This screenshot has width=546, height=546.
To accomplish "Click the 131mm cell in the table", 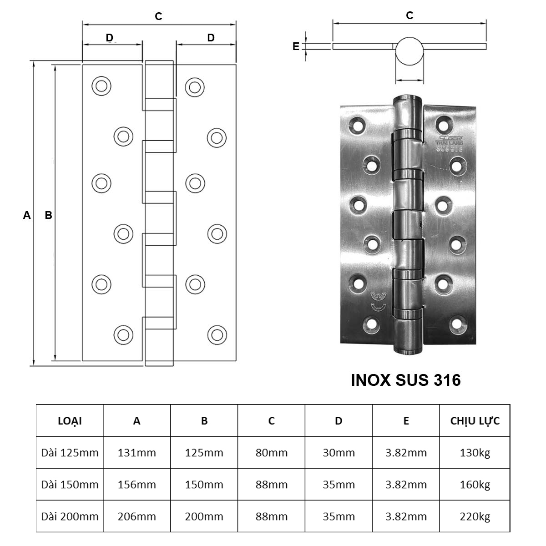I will click(x=136, y=453).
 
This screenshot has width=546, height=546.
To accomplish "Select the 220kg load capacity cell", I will click(x=475, y=516).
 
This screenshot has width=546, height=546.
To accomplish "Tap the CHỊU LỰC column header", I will click(x=475, y=421).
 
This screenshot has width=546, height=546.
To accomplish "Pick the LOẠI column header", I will click(x=70, y=421).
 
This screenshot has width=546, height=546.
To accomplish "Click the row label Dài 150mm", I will click(x=70, y=485).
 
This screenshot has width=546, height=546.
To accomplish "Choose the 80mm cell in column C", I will click(x=271, y=453).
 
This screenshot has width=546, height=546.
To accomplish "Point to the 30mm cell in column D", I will click(x=339, y=453).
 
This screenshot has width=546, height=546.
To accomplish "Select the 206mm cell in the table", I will click(x=136, y=516).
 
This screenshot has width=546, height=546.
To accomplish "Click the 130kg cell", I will click(x=475, y=453).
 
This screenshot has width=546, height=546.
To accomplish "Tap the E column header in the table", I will click(x=406, y=421).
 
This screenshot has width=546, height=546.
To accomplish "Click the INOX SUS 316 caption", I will click(x=405, y=380).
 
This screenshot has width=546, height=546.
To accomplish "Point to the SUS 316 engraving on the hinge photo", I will click(x=449, y=147).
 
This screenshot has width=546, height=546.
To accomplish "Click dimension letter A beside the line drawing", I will click(x=27, y=215).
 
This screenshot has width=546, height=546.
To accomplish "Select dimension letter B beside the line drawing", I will click(x=48, y=215).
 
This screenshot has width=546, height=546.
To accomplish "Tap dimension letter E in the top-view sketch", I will click(x=296, y=46).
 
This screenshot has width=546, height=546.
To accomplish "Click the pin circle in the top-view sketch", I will click(x=409, y=51).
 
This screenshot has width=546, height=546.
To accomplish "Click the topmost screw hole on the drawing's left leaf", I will click(x=101, y=86).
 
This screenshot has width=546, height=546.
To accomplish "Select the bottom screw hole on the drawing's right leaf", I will click(x=217, y=335).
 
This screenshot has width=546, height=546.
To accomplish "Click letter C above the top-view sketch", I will click(x=409, y=15).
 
